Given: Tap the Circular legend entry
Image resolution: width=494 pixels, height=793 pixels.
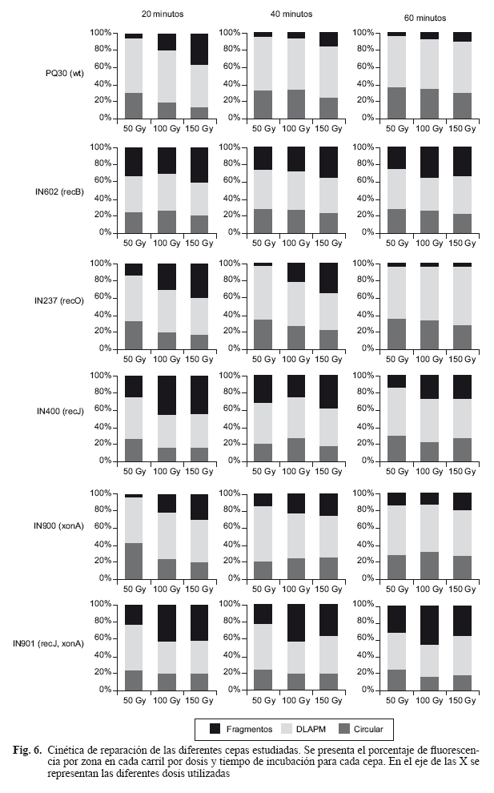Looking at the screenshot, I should coord(368,729).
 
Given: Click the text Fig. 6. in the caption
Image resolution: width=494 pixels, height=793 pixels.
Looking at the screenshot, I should coord(29,751).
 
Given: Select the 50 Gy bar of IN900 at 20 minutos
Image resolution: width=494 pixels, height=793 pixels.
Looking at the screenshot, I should coord(134,536).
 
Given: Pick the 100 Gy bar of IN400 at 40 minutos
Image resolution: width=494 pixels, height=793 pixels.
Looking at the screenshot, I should coord(295,417).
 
